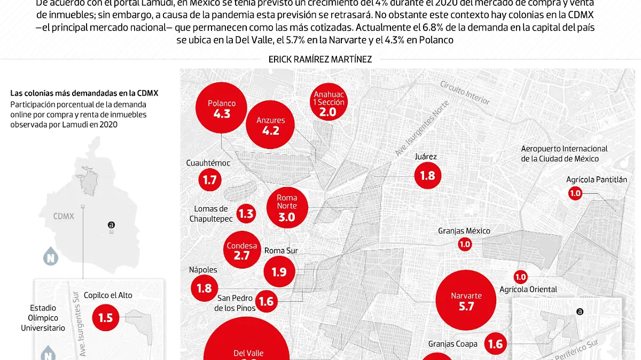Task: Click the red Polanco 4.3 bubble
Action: [222, 108]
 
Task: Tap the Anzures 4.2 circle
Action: [271, 125]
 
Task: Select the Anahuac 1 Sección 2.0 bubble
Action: [328, 103]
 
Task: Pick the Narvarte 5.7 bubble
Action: [466, 300]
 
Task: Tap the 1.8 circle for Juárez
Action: [428, 175]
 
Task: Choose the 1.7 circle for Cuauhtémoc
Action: [210, 179]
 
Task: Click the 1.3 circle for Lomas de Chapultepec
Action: [246, 214]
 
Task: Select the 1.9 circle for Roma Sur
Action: [279, 272]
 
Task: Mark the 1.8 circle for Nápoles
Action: [204, 288]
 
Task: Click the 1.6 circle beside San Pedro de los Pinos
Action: [266, 301]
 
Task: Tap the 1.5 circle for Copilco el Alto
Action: [106, 317]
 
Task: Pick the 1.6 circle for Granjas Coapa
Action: [496, 344]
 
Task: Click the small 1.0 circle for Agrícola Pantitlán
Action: [575, 194]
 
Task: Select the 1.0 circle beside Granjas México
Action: [465, 244]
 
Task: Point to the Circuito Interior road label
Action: [465, 92]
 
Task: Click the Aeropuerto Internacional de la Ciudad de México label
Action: [564, 153]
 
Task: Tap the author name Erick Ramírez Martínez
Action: [320, 59]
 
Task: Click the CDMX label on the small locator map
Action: [64, 216]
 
